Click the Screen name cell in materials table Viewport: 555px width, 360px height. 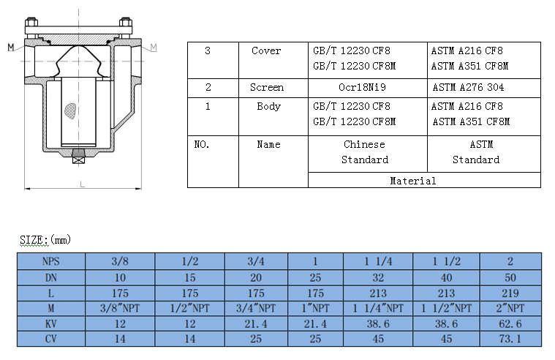(267, 87)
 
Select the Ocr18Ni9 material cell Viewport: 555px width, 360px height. (362, 87)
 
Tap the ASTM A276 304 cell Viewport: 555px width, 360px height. (468, 87)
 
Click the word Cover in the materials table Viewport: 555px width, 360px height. (266, 50)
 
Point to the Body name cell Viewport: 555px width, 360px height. (268, 106)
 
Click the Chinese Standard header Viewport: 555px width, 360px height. (365, 152)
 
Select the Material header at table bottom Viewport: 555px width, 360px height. (412, 181)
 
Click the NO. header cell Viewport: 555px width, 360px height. (202, 144)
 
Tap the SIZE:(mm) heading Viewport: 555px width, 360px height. (45, 239)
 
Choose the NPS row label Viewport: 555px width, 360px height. (51, 261)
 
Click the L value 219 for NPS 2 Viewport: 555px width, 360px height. (510, 293)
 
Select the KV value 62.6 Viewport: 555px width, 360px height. (510, 324)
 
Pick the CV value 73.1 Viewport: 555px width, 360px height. (510, 339)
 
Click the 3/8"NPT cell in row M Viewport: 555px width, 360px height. (120, 308)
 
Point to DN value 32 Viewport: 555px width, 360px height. (378, 277)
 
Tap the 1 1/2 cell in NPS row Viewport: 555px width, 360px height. (446, 261)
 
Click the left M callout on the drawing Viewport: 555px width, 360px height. (11, 47)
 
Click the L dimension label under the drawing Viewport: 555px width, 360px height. (83, 184)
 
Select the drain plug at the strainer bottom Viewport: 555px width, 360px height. (78, 157)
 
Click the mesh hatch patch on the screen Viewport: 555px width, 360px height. (70, 111)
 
